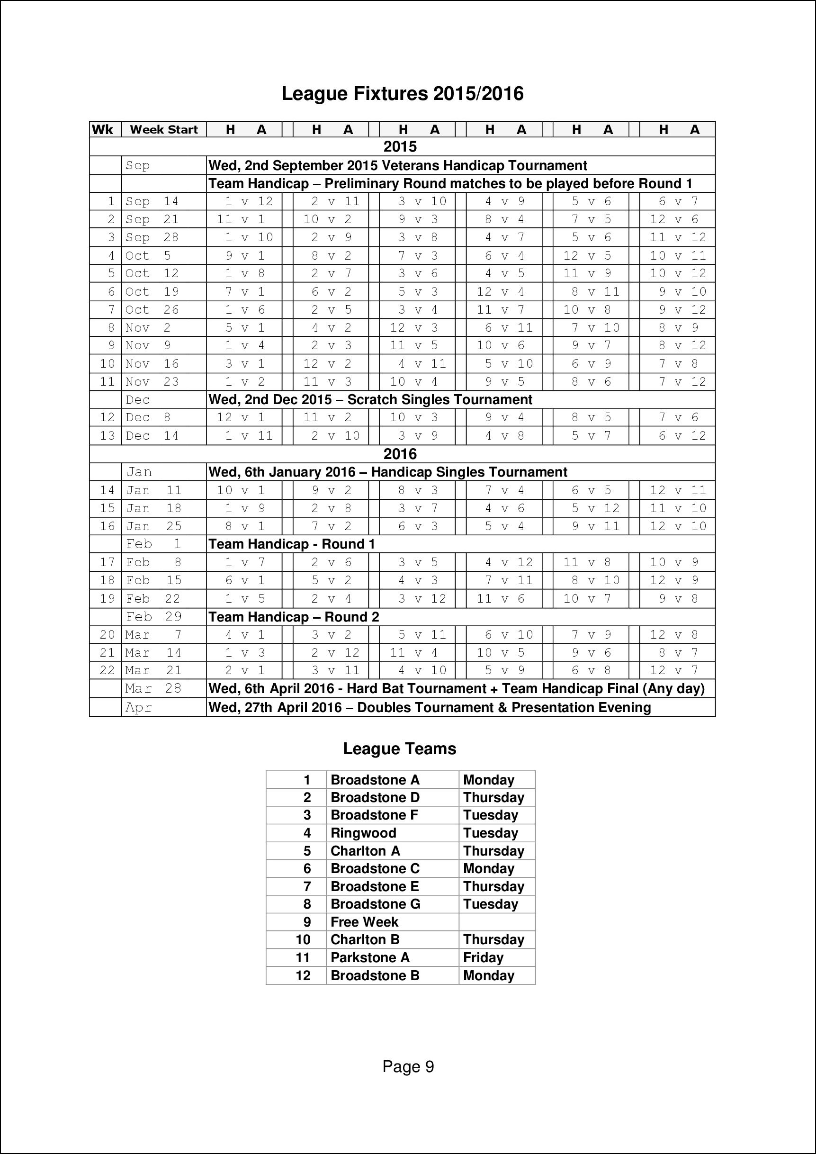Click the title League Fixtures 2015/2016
(x=402, y=94)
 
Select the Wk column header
(x=102, y=130)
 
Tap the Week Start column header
(x=164, y=130)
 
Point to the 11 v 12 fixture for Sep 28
(x=678, y=237)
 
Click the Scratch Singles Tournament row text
(x=370, y=399)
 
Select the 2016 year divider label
(x=400, y=454)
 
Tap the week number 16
(x=107, y=526)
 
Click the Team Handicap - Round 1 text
(x=291, y=544)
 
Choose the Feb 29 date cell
(x=154, y=617)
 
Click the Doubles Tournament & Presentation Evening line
(x=430, y=708)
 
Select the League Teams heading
(x=399, y=749)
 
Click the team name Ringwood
(x=363, y=833)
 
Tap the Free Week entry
(x=364, y=922)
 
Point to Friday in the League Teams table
(x=483, y=958)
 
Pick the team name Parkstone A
(x=370, y=958)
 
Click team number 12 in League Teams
(x=303, y=976)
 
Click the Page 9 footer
(x=408, y=1067)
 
